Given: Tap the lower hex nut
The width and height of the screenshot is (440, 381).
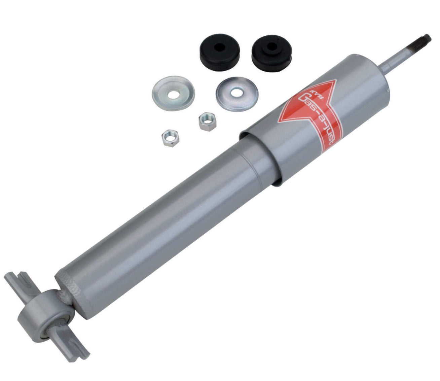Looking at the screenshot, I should (x=170, y=138).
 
